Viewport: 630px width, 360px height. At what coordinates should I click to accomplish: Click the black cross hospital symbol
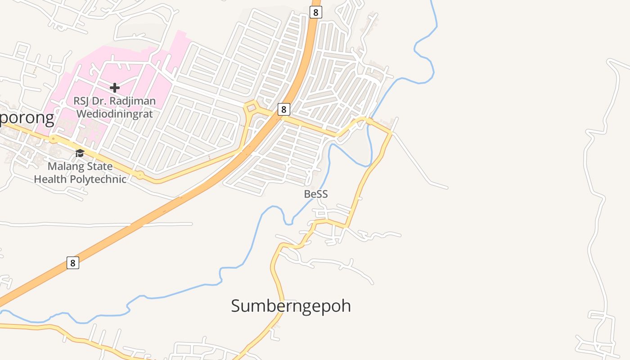tap(115, 87)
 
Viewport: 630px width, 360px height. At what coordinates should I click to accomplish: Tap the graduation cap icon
tap(80, 153)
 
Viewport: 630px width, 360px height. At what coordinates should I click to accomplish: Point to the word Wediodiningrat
tap(115, 113)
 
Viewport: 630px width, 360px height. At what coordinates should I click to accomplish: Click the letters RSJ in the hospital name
tap(82, 101)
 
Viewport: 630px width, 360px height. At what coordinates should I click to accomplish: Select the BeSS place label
tap(316, 194)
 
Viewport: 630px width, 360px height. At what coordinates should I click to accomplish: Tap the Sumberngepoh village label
tap(291, 306)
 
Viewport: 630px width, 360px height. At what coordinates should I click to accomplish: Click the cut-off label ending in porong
tap(27, 118)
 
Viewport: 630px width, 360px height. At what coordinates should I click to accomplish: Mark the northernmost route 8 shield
tap(315, 12)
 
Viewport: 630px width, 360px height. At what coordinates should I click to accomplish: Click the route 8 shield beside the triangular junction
tap(283, 109)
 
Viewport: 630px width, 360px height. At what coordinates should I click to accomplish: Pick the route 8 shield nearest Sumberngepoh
tap(73, 262)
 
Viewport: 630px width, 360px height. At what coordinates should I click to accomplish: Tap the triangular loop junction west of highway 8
tap(251, 108)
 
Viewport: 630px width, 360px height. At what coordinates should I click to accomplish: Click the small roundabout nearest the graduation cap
tap(54, 139)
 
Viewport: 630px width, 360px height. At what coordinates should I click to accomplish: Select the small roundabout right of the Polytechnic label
tap(140, 175)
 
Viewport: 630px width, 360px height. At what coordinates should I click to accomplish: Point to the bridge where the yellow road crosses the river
tap(368, 121)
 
